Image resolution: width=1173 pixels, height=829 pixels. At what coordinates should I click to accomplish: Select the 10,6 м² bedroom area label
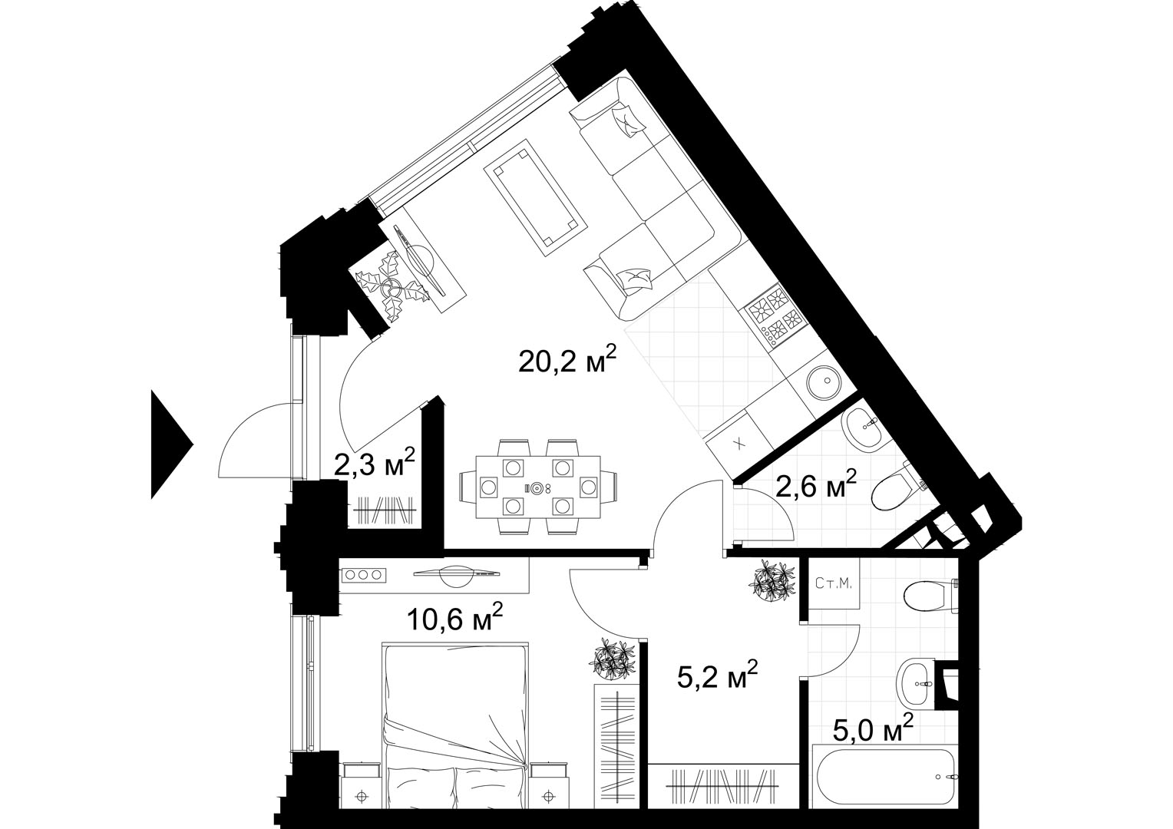click(x=454, y=619)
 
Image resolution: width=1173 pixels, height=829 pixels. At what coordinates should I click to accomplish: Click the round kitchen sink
click(x=824, y=381)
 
